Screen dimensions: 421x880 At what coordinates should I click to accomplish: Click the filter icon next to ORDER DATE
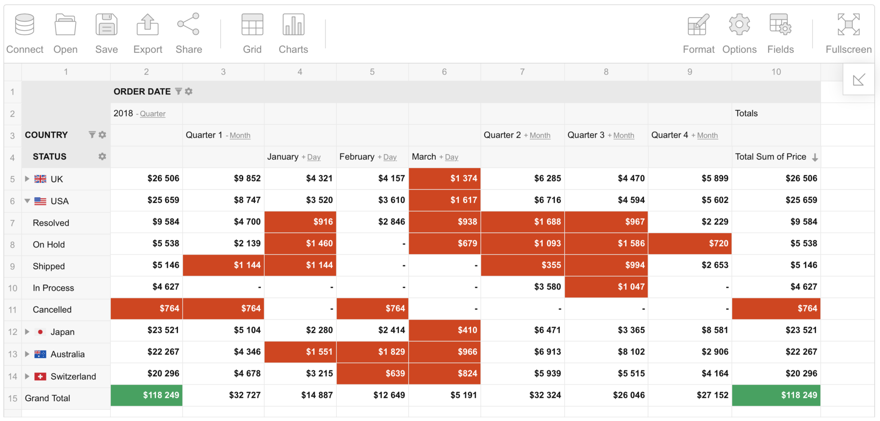coord(178,92)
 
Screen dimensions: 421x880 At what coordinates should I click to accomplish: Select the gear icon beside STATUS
coord(102,157)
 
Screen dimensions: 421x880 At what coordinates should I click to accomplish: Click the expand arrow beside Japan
coord(27,332)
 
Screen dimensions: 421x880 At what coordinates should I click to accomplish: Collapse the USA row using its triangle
coord(27,201)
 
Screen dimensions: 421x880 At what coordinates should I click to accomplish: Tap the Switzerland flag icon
coord(40,376)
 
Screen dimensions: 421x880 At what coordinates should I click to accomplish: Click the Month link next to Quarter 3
coord(623,135)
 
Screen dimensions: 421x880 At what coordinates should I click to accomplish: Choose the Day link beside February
coord(390,157)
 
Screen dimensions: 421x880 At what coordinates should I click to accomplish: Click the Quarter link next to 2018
coord(153,114)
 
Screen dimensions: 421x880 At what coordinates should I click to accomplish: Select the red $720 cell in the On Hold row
coord(690,243)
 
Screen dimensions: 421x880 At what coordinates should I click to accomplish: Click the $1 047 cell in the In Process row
coord(606,287)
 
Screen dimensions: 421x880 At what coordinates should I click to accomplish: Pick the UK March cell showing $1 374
coord(444,178)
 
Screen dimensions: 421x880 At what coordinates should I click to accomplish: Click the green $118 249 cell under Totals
coord(776,395)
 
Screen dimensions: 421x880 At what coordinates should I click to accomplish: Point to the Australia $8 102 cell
coord(606,352)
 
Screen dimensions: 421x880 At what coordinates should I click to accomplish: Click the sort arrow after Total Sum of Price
coord(815,157)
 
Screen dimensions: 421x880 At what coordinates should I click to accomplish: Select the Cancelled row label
coord(52,310)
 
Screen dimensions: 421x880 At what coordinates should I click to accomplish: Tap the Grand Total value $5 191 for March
coord(444,395)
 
